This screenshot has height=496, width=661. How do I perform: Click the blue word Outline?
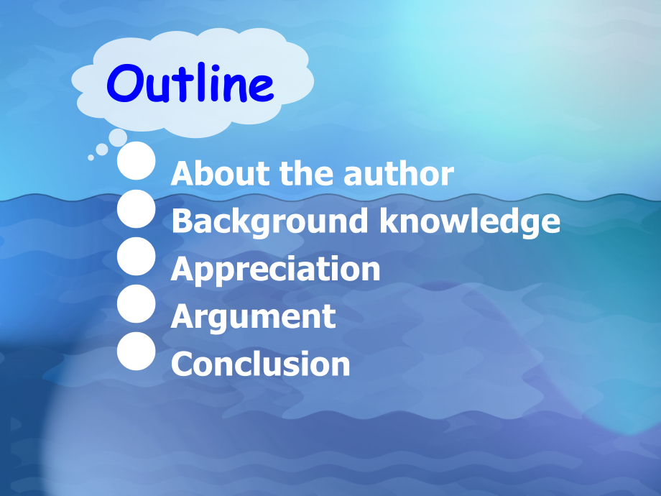coord(190,83)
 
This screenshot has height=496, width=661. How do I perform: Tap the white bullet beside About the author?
coord(137,161)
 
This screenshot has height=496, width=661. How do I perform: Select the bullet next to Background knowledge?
coord(137,208)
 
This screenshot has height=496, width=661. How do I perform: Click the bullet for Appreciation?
coord(137,257)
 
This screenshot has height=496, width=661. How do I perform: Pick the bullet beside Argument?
coord(137,303)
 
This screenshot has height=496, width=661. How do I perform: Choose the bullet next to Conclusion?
coord(137,352)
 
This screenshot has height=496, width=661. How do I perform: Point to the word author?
coord(399,173)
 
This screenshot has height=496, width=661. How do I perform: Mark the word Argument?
coord(254,317)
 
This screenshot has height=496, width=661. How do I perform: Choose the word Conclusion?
coord(261,364)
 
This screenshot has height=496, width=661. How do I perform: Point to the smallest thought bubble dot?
coord(91,157)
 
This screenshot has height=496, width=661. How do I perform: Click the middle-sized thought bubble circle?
coord(102,150)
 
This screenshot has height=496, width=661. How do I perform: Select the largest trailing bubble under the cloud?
coord(118,137)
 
